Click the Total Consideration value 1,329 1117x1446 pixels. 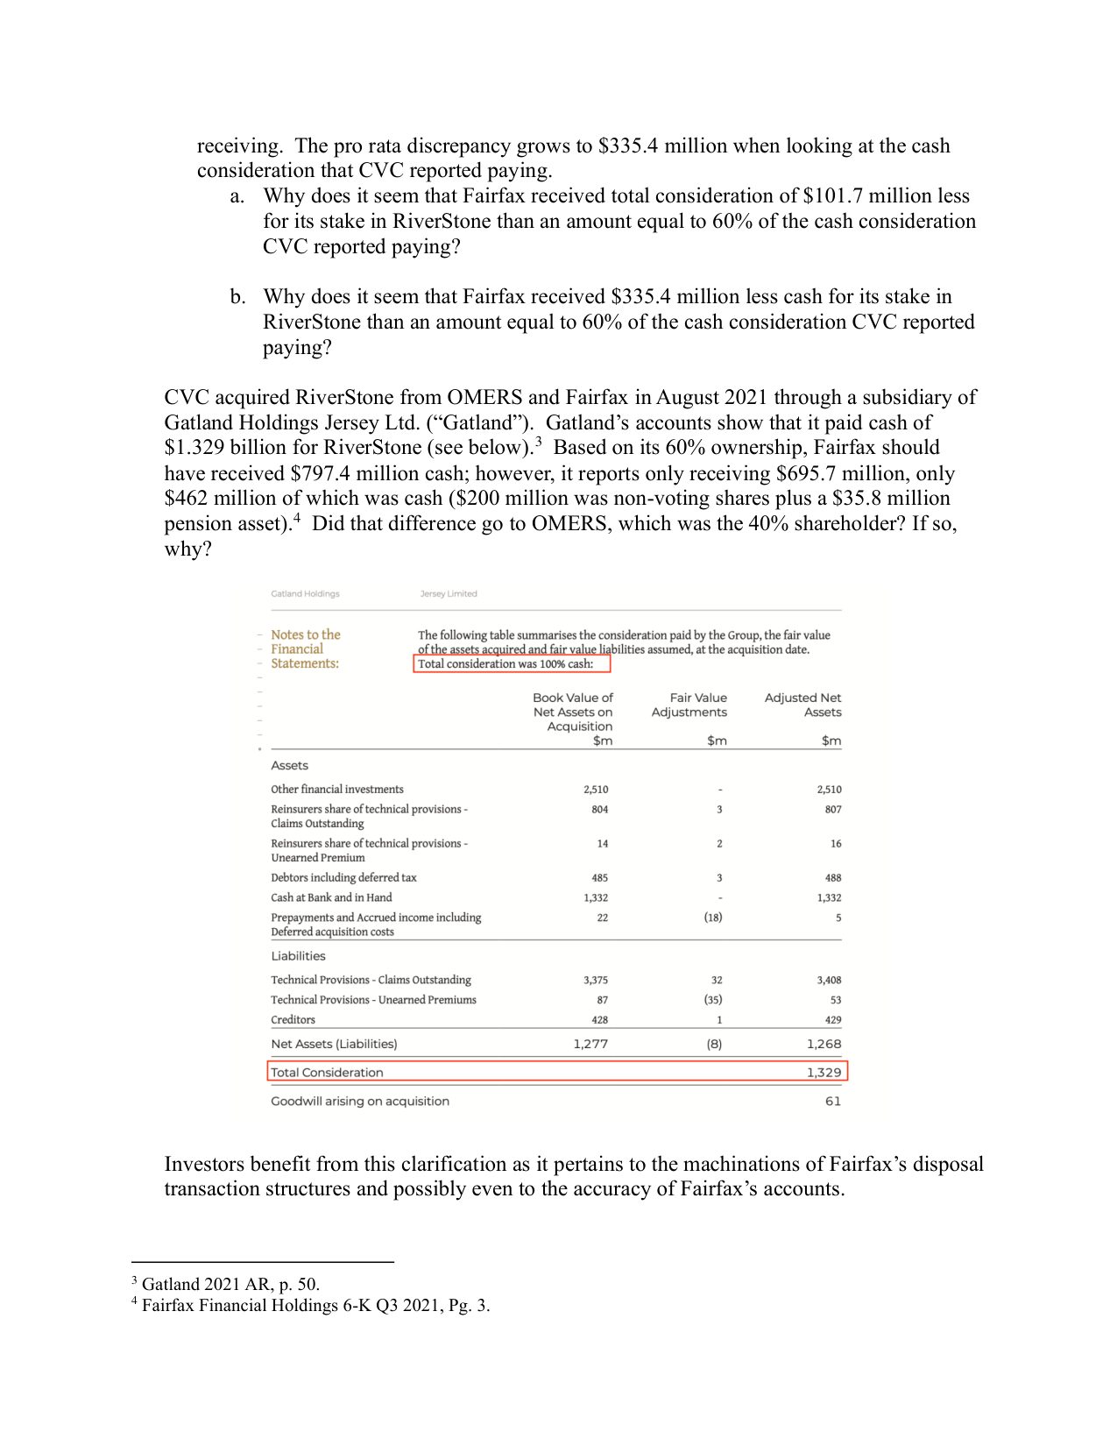824,1072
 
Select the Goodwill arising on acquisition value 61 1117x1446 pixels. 832,1101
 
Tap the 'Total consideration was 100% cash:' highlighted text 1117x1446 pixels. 505,663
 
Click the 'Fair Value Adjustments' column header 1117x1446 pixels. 689,705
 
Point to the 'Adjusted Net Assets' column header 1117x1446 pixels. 802,705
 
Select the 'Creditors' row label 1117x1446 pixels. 293,1019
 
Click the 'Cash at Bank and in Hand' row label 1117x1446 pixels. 331,897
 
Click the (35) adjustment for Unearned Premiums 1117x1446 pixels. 713,999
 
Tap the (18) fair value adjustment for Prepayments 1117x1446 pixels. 713,918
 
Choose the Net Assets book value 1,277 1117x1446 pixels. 590,1044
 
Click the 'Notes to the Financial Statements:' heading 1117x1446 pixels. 305,649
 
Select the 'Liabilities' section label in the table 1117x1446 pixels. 298,956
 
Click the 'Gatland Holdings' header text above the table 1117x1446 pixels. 305,593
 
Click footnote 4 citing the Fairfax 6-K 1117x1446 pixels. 311,1305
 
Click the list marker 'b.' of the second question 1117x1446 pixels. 237,296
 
